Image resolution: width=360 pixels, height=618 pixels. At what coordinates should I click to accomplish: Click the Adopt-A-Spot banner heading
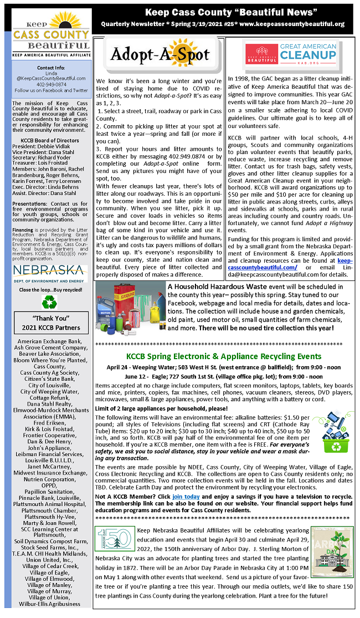click(160, 54)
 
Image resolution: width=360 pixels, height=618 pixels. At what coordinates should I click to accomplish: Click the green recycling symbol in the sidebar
click(49, 301)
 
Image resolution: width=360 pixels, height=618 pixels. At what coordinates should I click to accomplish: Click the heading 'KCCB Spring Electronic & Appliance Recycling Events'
click(223, 356)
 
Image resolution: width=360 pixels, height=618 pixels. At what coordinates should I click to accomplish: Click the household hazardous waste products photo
click(130, 308)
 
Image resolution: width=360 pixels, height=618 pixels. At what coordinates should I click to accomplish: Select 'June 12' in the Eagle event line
click(136, 376)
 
